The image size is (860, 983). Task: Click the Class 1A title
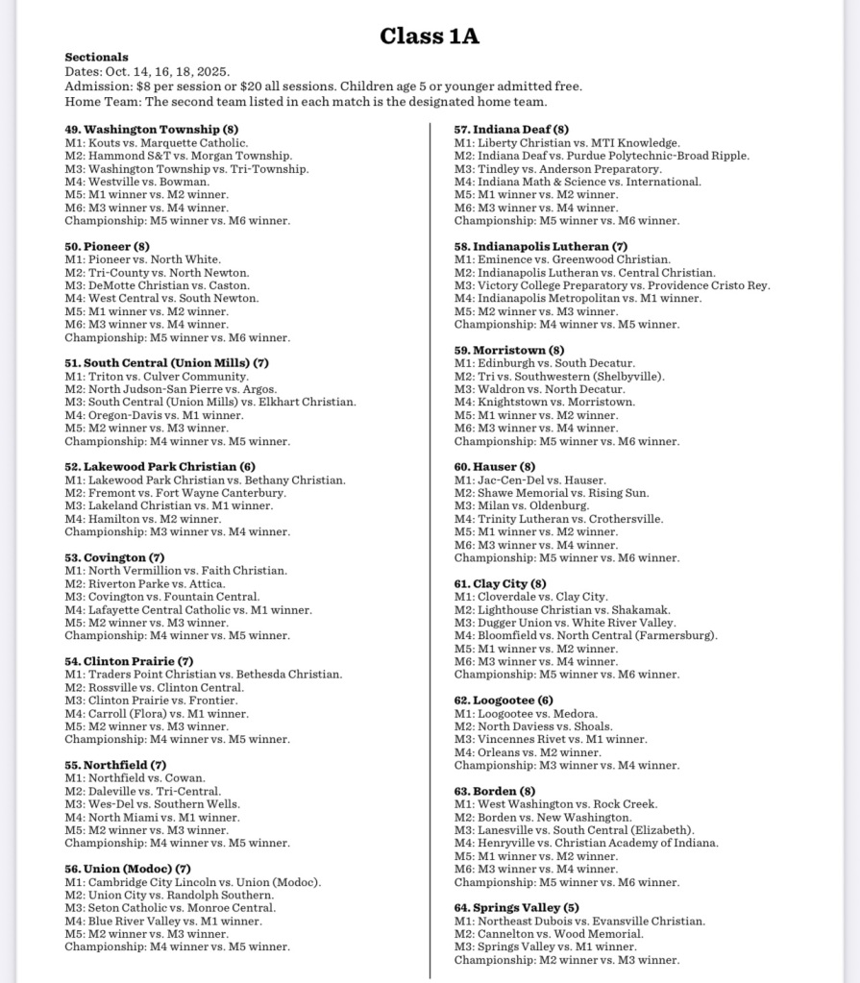[x=430, y=37]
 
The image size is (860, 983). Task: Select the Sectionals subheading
[x=96, y=58]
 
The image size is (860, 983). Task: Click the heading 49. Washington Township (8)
[x=152, y=129]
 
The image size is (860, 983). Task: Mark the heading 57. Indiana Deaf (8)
[x=511, y=130]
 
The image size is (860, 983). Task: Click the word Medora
[x=576, y=714]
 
